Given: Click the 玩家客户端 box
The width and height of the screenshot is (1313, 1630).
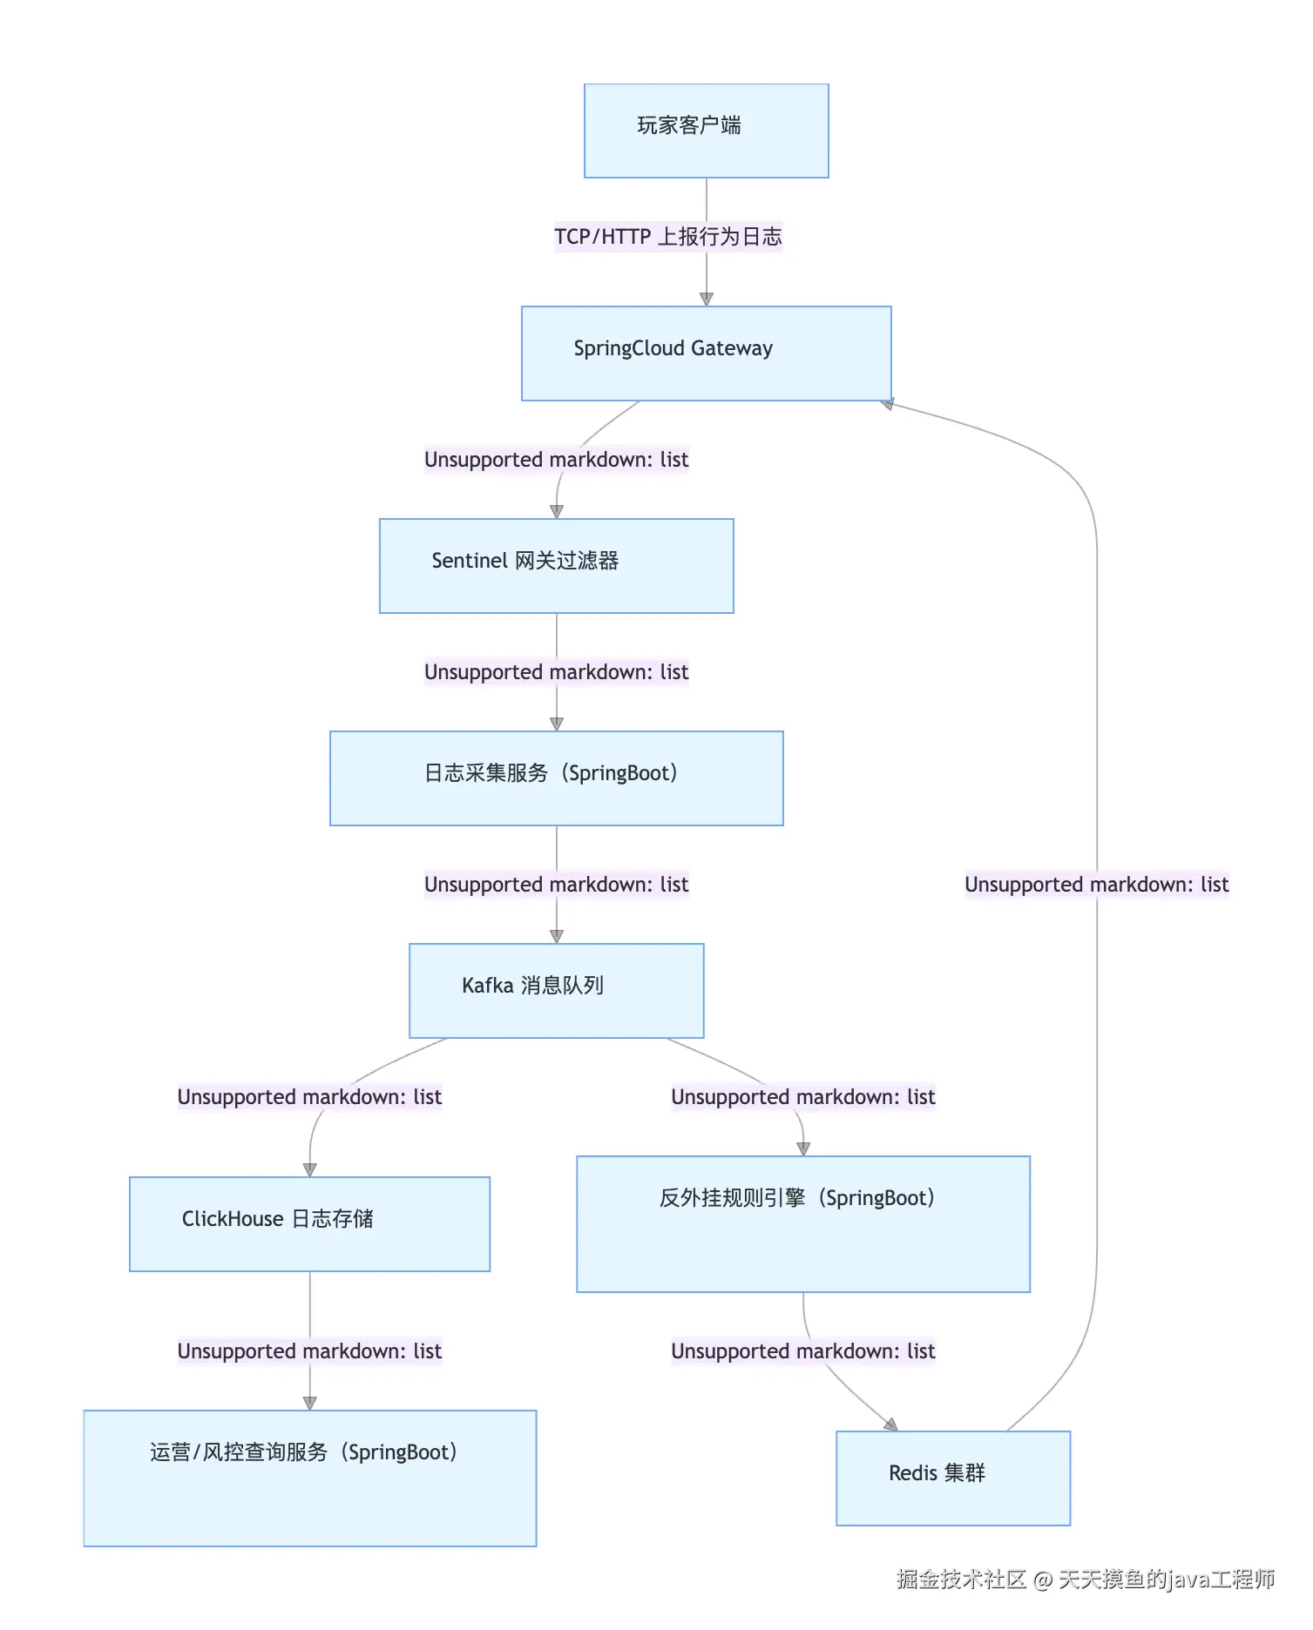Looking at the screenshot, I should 706,131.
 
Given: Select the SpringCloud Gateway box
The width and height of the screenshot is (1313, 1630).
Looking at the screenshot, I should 706,353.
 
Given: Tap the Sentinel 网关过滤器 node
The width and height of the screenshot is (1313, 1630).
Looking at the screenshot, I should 556,566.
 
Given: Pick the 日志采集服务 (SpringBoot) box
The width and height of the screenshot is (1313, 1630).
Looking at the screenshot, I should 556,778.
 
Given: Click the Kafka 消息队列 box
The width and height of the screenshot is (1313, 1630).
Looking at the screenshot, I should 556,990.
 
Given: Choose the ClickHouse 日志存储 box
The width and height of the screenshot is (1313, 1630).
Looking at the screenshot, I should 309,1223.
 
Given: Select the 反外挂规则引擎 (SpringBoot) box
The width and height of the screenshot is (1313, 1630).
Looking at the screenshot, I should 802,1223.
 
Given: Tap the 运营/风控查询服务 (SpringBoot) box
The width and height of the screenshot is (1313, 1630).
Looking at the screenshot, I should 309,1478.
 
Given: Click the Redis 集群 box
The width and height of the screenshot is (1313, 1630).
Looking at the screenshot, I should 952,1478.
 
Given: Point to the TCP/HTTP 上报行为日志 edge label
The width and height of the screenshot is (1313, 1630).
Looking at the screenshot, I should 668,237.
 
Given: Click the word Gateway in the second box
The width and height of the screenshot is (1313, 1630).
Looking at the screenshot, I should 732,349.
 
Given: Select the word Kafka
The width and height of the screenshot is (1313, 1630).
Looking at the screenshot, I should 487,986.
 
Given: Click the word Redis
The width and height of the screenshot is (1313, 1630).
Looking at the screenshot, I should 912,1473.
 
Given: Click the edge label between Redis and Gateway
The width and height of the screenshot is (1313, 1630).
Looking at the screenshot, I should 1096,885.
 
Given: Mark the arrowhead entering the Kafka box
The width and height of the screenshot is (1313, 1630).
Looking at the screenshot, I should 557,936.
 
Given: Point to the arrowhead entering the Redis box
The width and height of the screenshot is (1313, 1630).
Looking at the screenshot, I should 890,1425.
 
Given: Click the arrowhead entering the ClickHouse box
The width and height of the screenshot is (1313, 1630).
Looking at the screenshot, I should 309,1169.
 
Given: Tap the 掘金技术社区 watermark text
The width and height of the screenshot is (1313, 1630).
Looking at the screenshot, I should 961,1579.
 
